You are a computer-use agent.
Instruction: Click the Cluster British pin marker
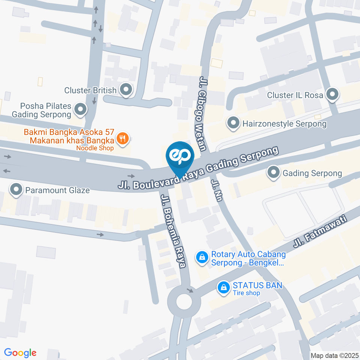pyautogui.click(x=126, y=90)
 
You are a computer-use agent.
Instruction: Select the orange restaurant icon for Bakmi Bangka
pyautogui.click(x=122, y=139)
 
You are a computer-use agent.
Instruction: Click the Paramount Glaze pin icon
pyautogui.click(x=16, y=190)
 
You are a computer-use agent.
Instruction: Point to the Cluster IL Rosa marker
pyautogui.click(x=332, y=95)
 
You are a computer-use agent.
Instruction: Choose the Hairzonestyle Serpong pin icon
pyautogui.click(x=233, y=123)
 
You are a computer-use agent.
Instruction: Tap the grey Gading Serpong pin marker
pyautogui.click(x=274, y=173)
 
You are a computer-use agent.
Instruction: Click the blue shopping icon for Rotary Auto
pyautogui.click(x=202, y=257)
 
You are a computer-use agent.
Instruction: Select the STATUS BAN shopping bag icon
pyautogui.click(x=224, y=288)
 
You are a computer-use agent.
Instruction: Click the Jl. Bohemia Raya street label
pyautogui.click(x=173, y=231)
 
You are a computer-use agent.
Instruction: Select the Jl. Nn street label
pyautogui.click(x=217, y=190)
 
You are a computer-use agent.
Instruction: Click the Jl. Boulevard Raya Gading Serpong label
pyautogui.click(x=199, y=168)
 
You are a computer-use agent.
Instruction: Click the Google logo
pyautogui.click(x=20, y=352)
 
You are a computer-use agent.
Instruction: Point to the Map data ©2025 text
pyautogui.click(x=334, y=355)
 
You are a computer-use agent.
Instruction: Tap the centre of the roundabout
pyautogui.click(x=184, y=301)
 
